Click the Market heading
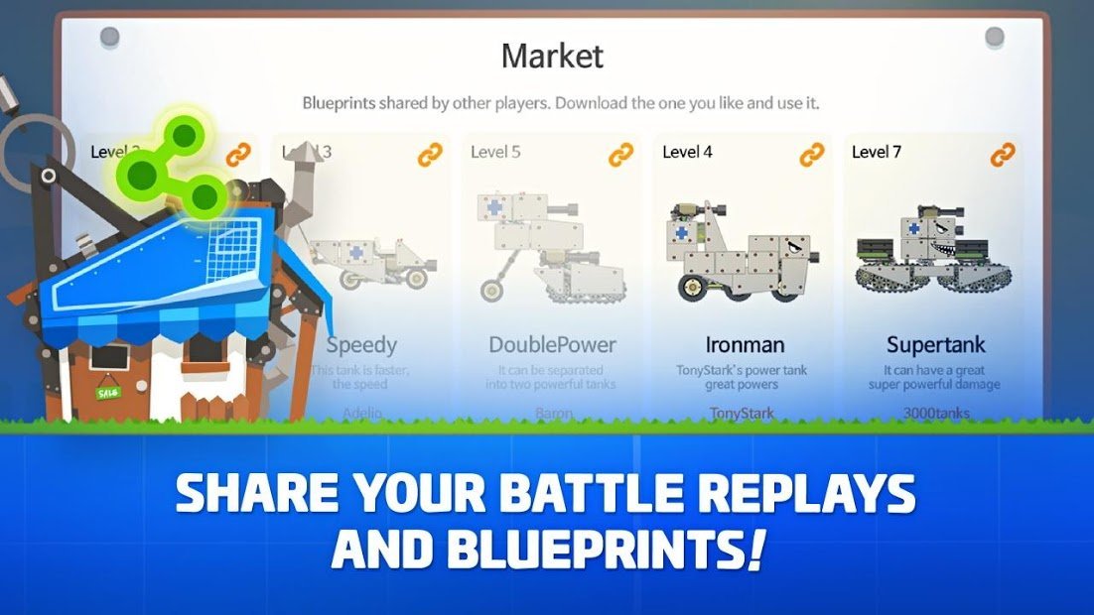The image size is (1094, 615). (x=551, y=56)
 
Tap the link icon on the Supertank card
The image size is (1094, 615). (x=1003, y=154)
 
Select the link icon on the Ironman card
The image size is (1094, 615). (x=812, y=154)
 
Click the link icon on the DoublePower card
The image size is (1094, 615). (x=621, y=154)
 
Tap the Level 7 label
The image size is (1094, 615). (x=877, y=152)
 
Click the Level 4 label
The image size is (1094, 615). (x=687, y=152)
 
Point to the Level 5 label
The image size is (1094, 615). (x=495, y=152)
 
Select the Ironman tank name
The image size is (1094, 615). (x=745, y=345)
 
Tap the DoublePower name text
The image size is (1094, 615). (x=552, y=345)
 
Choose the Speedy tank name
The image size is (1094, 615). (x=362, y=345)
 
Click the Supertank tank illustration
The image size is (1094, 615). (x=933, y=253)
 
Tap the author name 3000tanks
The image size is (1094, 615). (x=934, y=413)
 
